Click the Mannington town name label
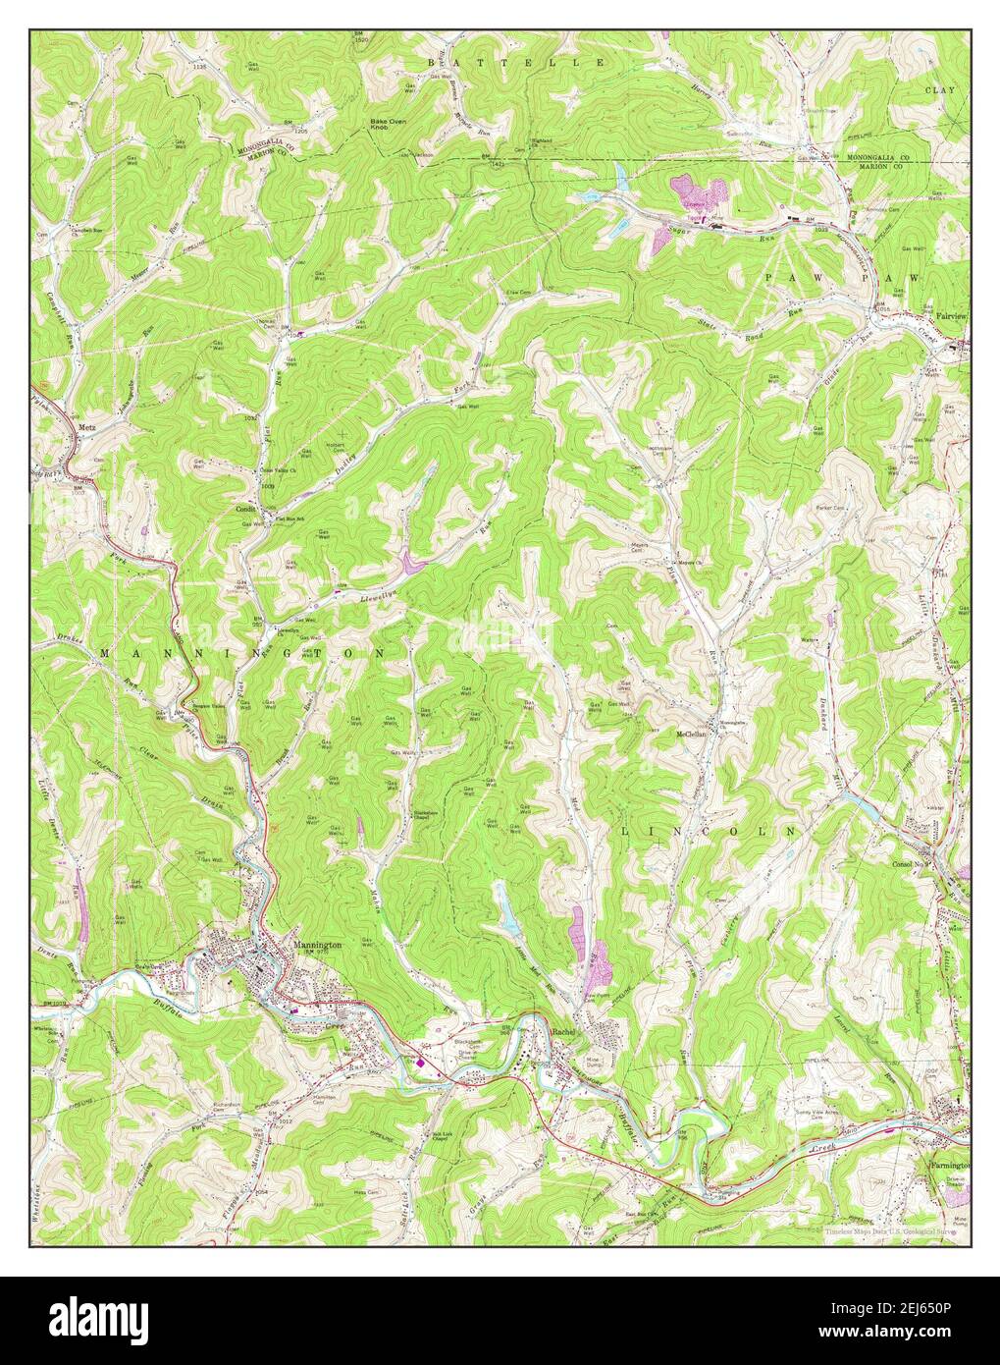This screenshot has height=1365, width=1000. click(316, 945)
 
